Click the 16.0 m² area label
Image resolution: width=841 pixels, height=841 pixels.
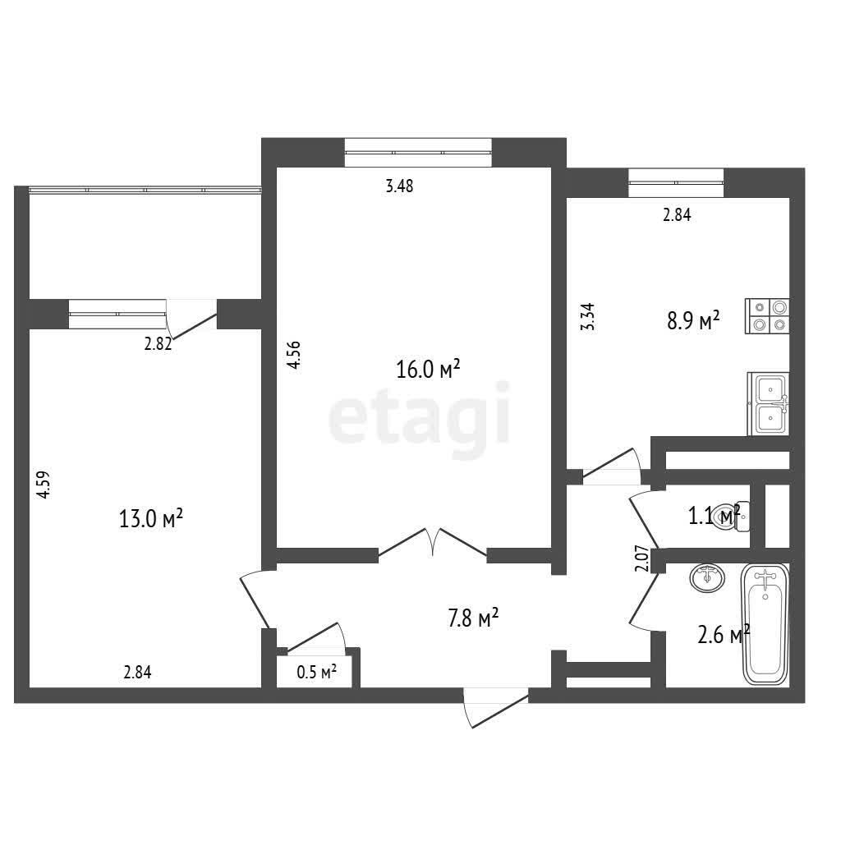(428, 369)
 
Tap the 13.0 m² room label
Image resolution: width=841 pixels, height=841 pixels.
(151, 519)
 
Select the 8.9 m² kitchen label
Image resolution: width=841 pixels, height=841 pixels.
(693, 321)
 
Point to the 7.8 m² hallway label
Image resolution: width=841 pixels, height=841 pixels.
(473, 618)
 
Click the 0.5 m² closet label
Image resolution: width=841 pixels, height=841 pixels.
(316, 672)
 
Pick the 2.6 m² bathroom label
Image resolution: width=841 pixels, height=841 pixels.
(724, 635)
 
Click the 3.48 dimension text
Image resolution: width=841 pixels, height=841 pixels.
(400, 186)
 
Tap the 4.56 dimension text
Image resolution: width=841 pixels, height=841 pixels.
(294, 355)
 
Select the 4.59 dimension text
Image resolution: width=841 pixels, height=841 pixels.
(44, 485)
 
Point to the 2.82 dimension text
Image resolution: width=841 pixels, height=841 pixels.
(158, 344)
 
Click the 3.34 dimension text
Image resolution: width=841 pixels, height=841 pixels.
(588, 316)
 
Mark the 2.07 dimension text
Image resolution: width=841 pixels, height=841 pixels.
(642, 558)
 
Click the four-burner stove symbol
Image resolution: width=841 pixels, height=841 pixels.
(767, 316)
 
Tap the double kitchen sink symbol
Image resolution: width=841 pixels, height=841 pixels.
(769, 404)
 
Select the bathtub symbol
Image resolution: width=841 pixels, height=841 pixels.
(765, 624)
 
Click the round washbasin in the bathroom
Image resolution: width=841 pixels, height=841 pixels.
(707, 577)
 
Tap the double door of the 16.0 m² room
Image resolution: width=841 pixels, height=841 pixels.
(432, 544)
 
